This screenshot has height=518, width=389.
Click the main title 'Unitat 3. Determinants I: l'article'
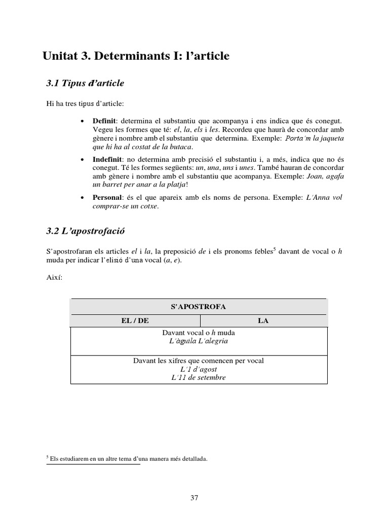(x=136, y=56)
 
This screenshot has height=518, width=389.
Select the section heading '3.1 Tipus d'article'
(x=85, y=83)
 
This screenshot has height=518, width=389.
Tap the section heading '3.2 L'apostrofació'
(x=85, y=231)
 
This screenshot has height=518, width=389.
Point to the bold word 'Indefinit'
(x=108, y=159)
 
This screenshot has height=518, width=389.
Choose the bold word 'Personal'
(x=107, y=197)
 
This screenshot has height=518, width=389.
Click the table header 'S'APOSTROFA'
(x=199, y=307)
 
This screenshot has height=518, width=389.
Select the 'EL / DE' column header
(x=135, y=321)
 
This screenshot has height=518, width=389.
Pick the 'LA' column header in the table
(x=263, y=321)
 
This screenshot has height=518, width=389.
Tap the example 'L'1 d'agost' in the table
(x=199, y=369)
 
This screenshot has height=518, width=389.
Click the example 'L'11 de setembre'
(x=199, y=377)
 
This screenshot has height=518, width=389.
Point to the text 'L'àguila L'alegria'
(x=199, y=341)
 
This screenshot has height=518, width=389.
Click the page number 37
(x=194, y=498)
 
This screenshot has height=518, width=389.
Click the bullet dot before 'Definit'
(x=83, y=122)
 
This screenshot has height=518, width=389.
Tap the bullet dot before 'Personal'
(x=83, y=198)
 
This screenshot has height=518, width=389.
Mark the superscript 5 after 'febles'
(x=274, y=249)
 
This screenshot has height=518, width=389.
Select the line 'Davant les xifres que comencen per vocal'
(x=199, y=361)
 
